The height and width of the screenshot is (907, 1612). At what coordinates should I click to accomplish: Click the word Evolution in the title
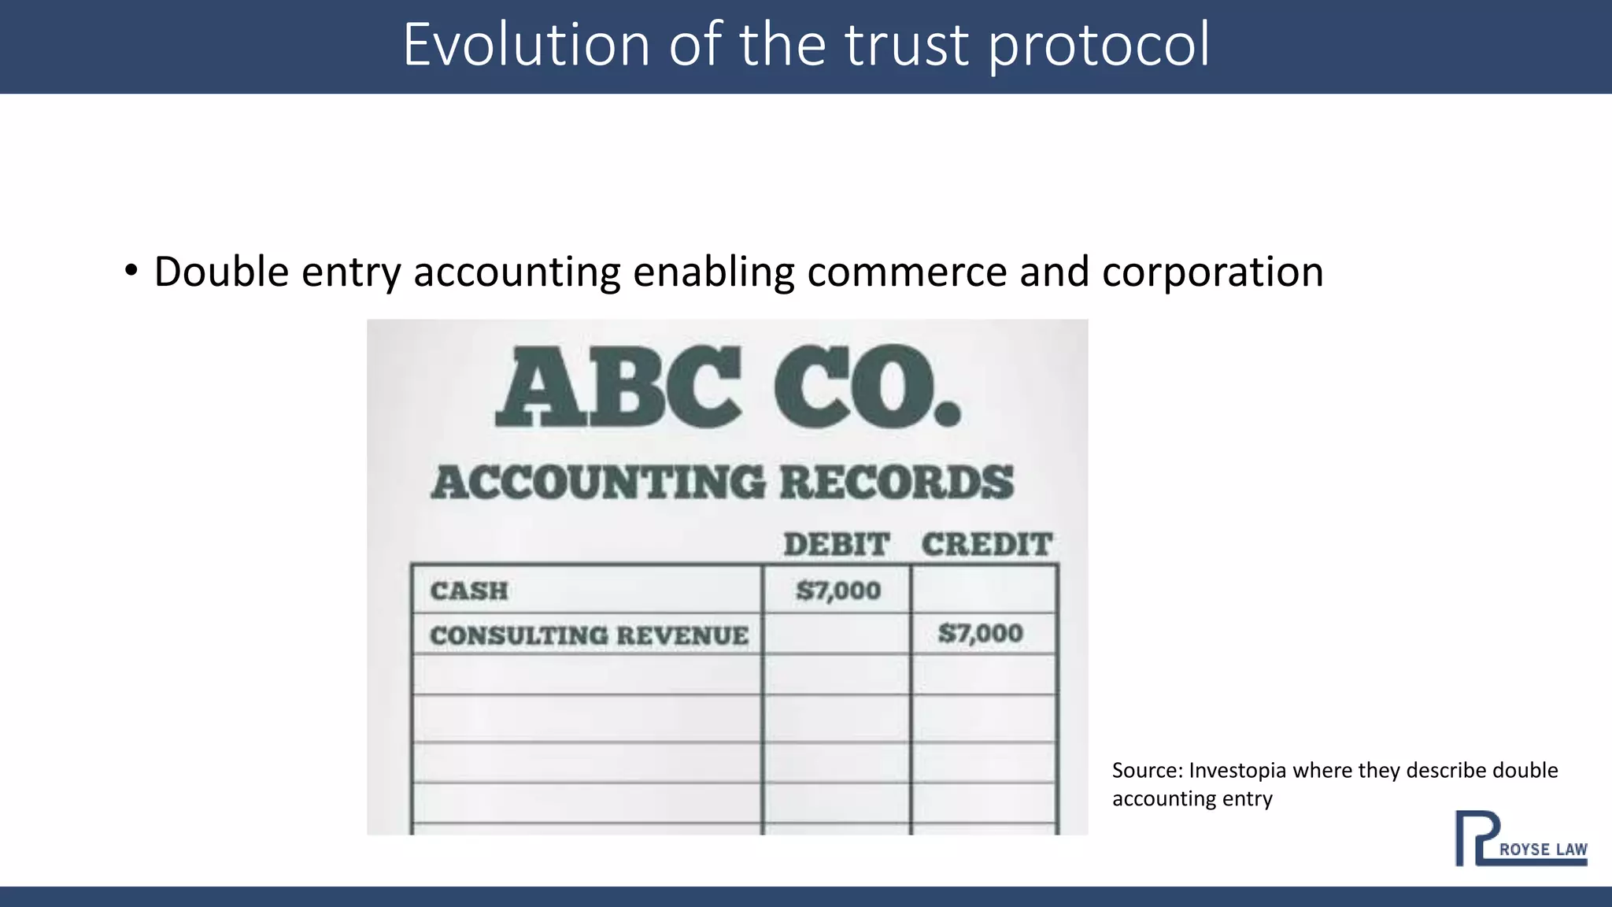tap(526, 45)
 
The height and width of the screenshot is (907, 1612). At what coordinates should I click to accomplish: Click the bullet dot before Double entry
tap(131, 271)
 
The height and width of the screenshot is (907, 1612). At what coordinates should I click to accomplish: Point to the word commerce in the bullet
tap(907, 272)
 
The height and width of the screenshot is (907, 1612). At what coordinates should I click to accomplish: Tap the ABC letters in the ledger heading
tap(619, 388)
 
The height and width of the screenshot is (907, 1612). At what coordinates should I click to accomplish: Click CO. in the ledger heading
tap(867, 388)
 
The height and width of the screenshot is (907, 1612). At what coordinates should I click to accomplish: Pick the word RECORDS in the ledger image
tap(897, 482)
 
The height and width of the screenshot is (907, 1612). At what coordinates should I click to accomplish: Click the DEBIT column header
tap(836, 544)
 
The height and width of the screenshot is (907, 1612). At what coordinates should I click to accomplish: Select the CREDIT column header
tap(986, 544)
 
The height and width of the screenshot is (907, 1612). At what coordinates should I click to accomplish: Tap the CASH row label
tap(469, 590)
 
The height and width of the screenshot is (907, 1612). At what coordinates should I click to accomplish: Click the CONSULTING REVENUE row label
tap(589, 635)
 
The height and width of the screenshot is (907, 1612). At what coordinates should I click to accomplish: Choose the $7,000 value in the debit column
tap(837, 590)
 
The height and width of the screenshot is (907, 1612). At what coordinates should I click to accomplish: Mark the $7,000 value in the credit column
tap(980, 633)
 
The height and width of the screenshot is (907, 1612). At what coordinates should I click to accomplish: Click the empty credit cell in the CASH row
tap(983, 590)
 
